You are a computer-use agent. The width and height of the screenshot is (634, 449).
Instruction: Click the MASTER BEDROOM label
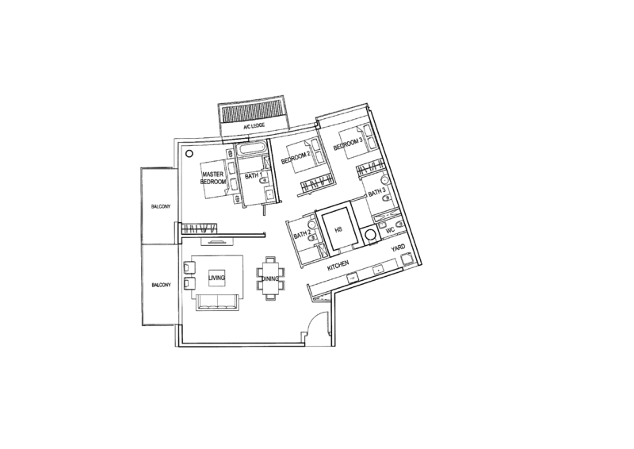click(213, 178)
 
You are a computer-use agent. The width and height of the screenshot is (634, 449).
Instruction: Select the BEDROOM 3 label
click(348, 144)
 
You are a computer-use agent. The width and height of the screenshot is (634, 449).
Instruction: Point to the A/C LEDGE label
click(254, 126)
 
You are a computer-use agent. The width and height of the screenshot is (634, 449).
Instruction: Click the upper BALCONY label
click(161, 206)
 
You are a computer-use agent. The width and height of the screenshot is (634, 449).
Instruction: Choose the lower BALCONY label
click(161, 285)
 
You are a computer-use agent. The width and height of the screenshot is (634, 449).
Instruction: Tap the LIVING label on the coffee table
click(216, 278)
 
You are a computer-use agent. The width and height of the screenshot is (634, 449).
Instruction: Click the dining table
click(270, 278)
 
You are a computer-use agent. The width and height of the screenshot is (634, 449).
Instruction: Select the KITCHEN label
click(338, 265)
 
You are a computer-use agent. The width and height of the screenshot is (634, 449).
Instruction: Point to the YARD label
click(398, 248)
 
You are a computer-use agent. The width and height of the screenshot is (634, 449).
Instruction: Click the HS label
click(338, 229)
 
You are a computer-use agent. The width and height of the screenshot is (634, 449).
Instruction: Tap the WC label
click(390, 230)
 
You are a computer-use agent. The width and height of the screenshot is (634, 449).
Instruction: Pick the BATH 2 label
click(302, 235)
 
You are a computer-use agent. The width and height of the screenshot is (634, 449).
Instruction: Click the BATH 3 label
click(376, 193)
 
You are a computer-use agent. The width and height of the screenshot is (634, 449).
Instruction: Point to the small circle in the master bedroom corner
click(189, 153)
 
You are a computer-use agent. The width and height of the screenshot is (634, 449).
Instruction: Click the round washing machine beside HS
click(370, 235)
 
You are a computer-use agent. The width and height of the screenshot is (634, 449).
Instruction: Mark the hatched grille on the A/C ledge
click(253, 113)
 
